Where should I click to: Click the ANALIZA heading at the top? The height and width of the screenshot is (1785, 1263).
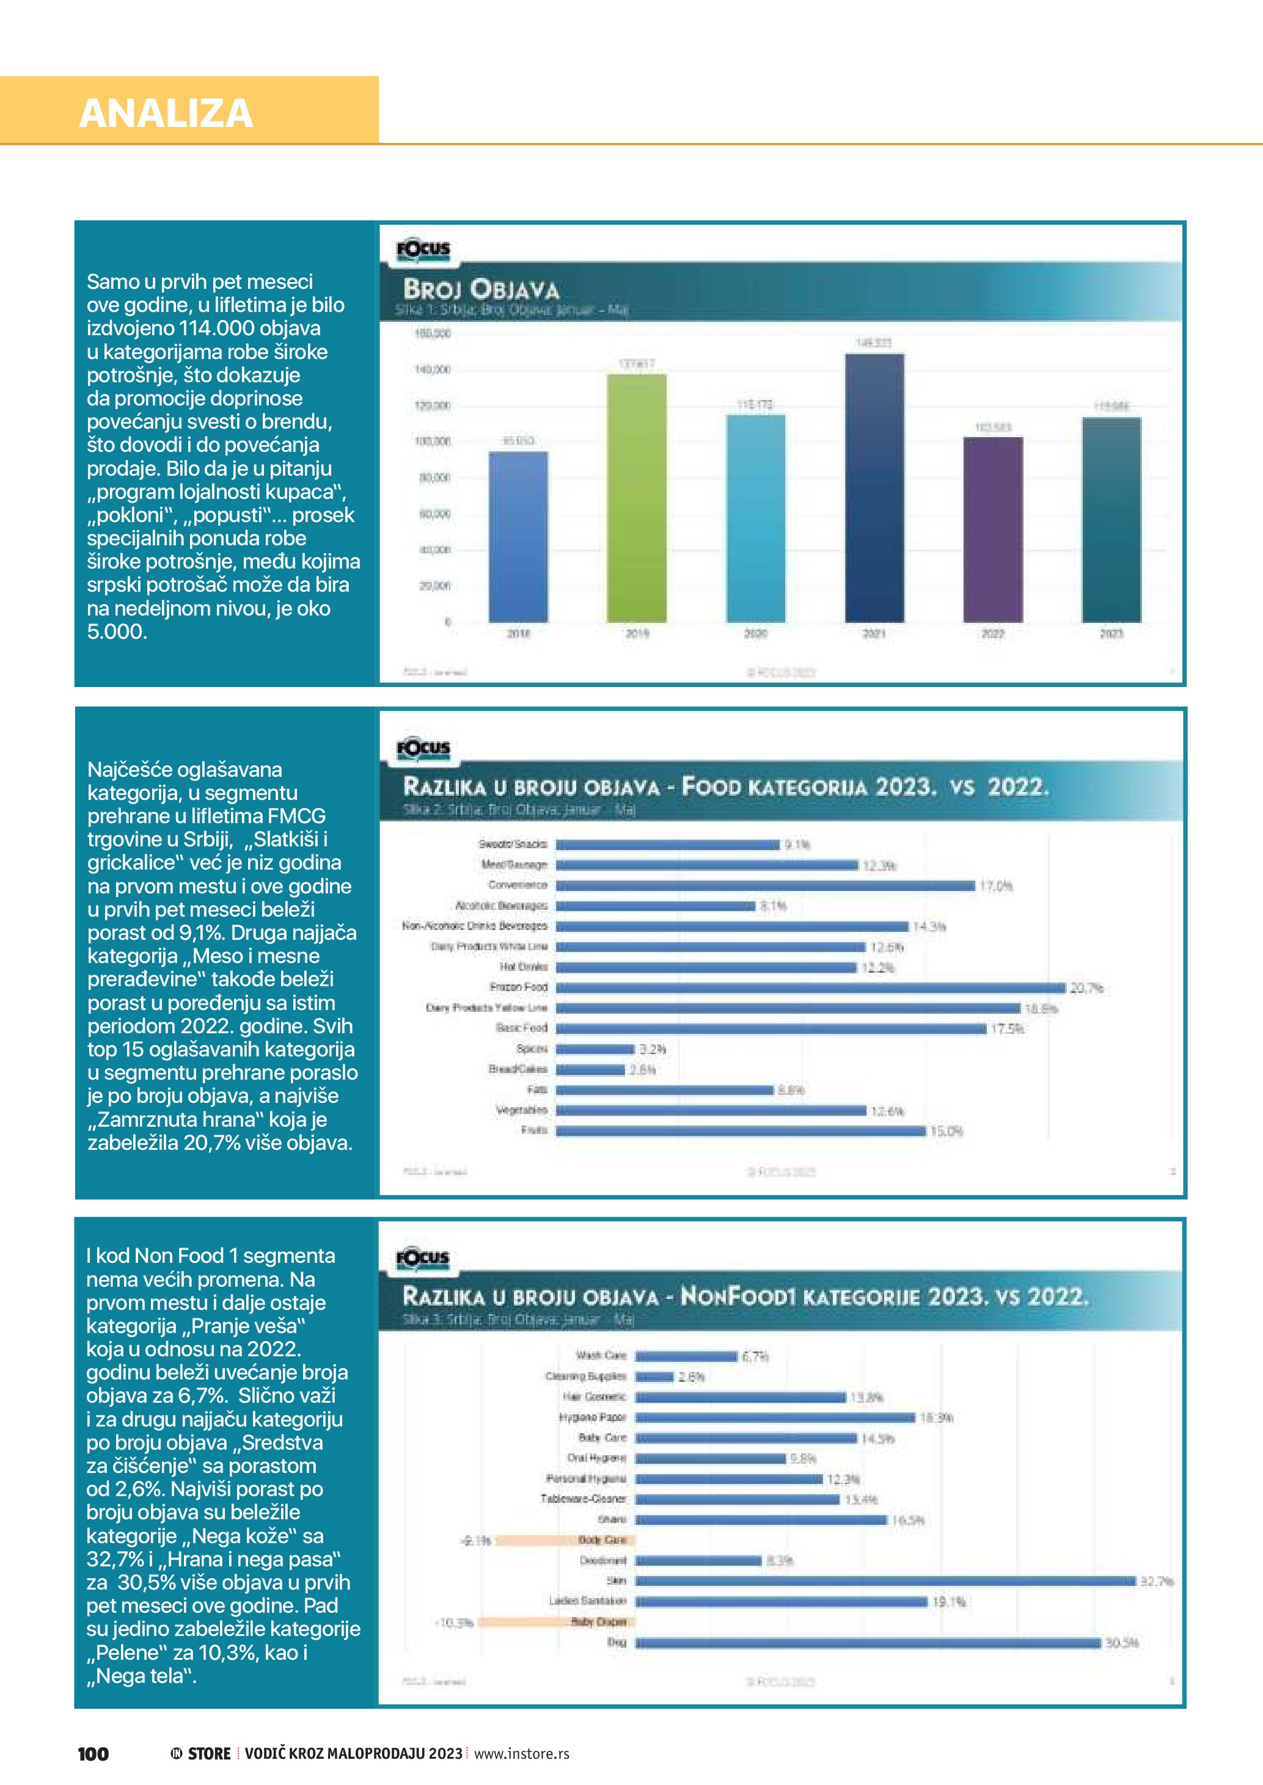pyautogui.click(x=166, y=114)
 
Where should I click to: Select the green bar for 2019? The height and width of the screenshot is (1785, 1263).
pyautogui.click(x=636, y=498)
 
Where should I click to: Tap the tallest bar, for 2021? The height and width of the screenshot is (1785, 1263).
pyautogui.click(x=874, y=487)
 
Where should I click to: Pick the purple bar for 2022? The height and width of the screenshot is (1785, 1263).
pyautogui.click(x=992, y=529)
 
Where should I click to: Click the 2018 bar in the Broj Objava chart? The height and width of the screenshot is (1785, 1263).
pyautogui.click(x=518, y=536)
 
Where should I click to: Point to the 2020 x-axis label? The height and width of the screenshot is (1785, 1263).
pyautogui.click(x=755, y=634)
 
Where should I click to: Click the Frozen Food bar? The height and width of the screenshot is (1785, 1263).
pyautogui.click(x=810, y=987)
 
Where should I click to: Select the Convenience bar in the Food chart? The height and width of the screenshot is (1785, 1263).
pyautogui.click(x=764, y=885)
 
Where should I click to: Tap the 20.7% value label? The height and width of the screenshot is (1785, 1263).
pyautogui.click(x=1086, y=988)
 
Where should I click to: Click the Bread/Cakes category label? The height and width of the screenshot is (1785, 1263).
pyautogui.click(x=518, y=1069)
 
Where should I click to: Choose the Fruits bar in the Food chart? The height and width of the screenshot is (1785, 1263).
pyautogui.click(x=741, y=1130)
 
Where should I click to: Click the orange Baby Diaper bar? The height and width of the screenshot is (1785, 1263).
pyautogui.click(x=556, y=1622)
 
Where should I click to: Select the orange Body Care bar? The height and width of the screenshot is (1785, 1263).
pyautogui.click(x=565, y=1540)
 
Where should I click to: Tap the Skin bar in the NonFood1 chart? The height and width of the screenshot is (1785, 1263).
pyautogui.click(x=885, y=1580)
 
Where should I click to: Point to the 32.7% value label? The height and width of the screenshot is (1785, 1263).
pyautogui.click(x=1157, y=1581)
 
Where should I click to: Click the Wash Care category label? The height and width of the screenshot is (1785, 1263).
pyautogui.click(x=601, y=1355)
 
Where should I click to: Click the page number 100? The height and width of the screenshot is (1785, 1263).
pyautogui.click(x=93, y=1753)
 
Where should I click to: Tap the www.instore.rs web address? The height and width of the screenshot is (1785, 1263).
pyautogui.click(x=521, y=1753)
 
